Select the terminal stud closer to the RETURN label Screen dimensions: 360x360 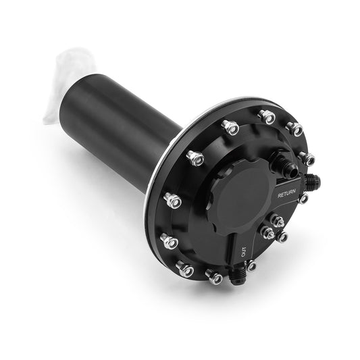click(x=276, y=221)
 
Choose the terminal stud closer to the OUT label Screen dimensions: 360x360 click(x=268, y=233)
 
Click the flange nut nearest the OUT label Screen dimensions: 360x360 click(x=251, y=265)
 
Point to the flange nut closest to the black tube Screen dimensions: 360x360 click(x=195, y=159)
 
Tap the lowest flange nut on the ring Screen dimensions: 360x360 click(x=215, y=277)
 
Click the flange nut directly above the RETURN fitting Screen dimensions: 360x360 click(x=307, y=159)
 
